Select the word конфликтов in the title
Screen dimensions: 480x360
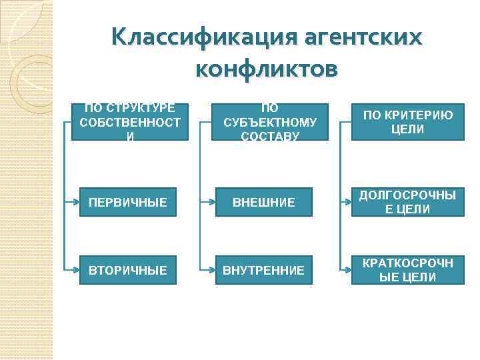pyautogui.click(x=267, y=68)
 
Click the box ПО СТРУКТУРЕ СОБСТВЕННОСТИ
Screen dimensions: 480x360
pyautogui.click(x=129, y=121)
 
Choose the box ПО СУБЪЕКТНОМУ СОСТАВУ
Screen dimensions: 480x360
pyautogui.click(x=270, y=121)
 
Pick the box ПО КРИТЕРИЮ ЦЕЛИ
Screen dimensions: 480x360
pyautogui.click(x=407, y=121)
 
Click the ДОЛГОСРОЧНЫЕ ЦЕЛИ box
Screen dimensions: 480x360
pyautogui.click(x=407, y=202)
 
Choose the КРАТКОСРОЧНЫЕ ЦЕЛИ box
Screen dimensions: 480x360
pyautogui.click(x=407, y=270)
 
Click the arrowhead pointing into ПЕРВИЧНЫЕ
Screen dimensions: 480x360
pyautogui.click(x=76, y=202)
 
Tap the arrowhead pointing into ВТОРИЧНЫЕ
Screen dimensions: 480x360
pyautogui.click(x=76, y=270)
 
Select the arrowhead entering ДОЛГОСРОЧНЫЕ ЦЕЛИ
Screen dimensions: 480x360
pyautogui.click(x=347, y=202)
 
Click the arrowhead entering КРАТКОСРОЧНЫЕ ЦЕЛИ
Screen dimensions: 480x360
pyautogui.click(x=347, y=270)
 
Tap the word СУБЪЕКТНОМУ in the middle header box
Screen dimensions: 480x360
pyautogui.click(x=270, y=122)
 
